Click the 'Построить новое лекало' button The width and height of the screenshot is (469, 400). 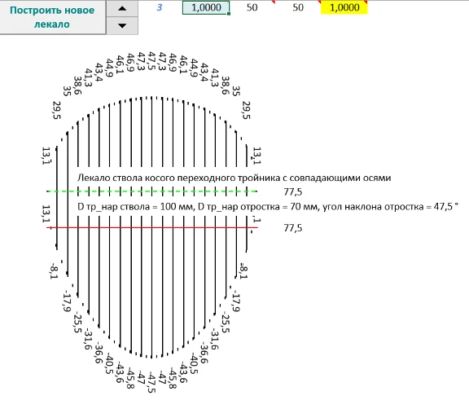click(53, 17)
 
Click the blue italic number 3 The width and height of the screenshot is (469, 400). click(160, 7)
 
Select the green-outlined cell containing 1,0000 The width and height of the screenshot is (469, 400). click(206, 7)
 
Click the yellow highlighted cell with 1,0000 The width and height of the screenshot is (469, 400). click(344, 7)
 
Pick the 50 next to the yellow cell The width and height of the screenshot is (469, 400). click(298, 7)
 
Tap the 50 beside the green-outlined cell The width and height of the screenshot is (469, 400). click(252, 7)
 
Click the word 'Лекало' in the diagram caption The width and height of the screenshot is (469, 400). click(94, 178)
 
